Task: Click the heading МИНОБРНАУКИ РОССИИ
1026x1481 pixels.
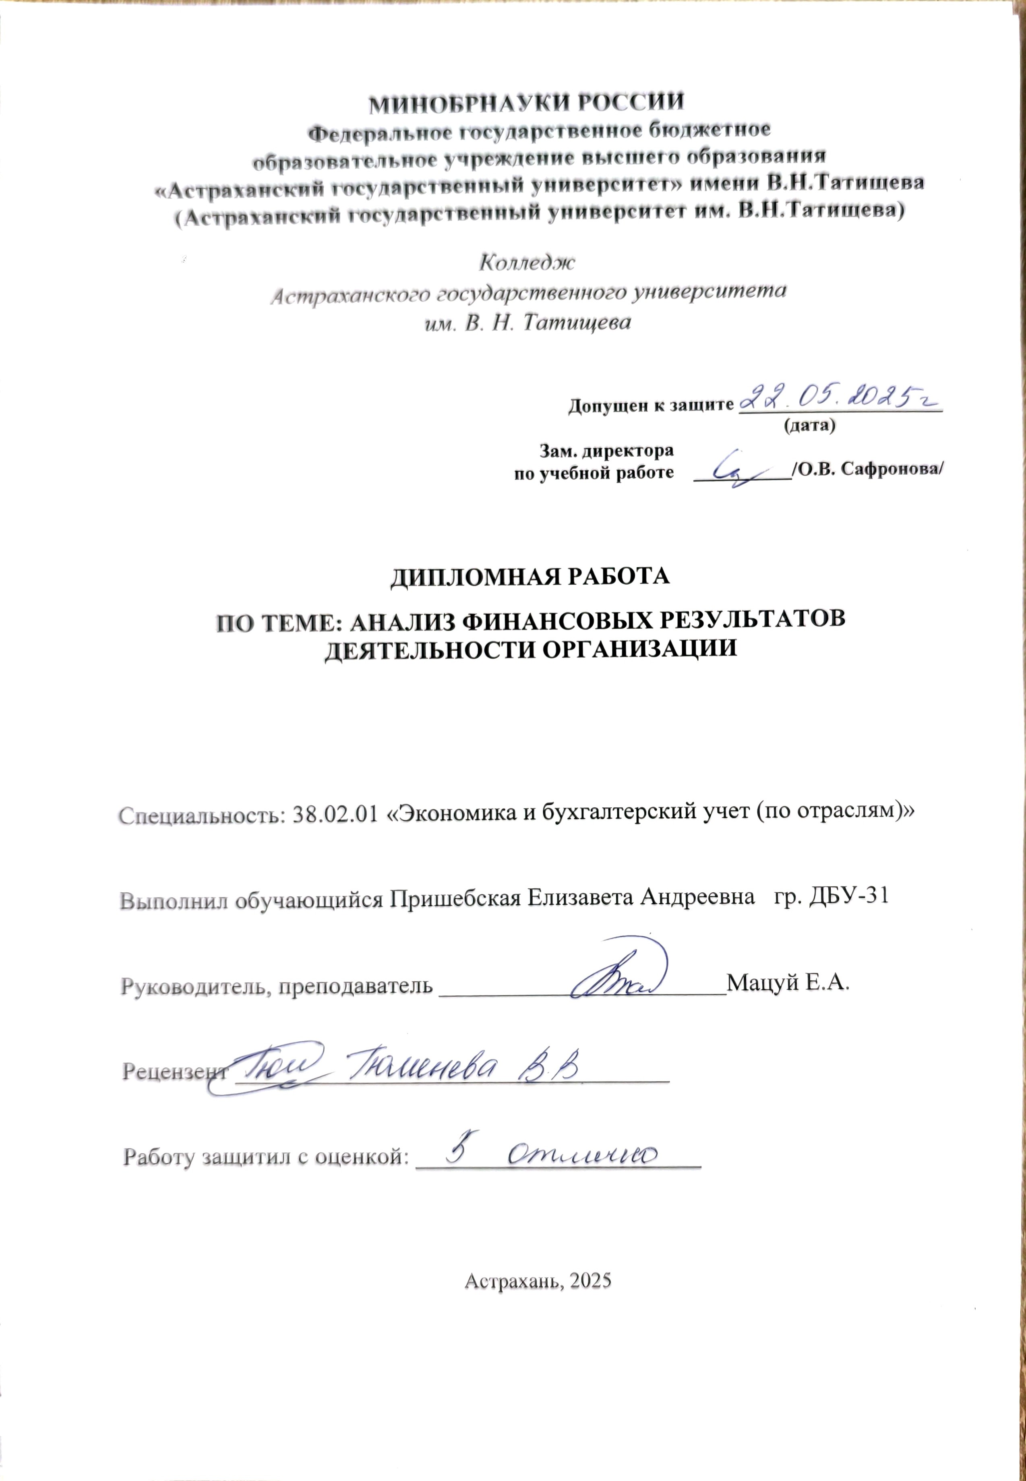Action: click(x=526, y=102)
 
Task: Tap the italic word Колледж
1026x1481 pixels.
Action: click(x=527, y=262)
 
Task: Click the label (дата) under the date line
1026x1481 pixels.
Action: click(x=808, y=426)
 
